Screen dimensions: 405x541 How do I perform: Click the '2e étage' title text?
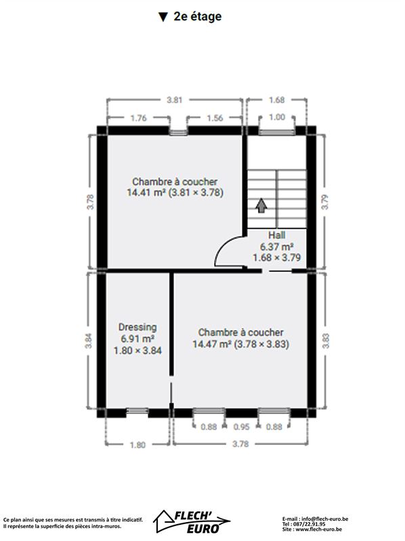pyautogui.click(x=197, y=16)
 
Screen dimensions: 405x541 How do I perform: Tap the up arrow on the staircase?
pyautogui.click(x=261, y=205)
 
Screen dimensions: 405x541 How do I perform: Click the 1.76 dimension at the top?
pyautogui.click(x=138, y=118)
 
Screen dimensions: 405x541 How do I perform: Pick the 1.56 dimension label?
pyautogui.click(x=215, y=118)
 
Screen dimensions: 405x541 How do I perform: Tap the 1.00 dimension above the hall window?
pyautogui.click(x=277, y=117)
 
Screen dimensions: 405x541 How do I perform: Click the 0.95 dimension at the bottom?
pyautogui.click(x=241, y=427)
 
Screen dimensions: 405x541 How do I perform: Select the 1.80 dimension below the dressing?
pyautogui.click(x=137, y=445)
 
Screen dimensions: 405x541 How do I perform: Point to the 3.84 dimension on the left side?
pyautogui.click(x=89, y=341)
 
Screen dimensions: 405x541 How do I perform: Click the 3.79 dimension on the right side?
pyautogui.click(x=325, y=202)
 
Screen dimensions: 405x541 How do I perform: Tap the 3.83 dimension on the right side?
pyautogui.click(x=326, y=341)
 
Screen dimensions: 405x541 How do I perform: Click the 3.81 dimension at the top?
pyautogui.click(x=175, y=100)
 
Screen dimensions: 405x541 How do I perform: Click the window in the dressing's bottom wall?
pyautogui.click(x=137, y=410)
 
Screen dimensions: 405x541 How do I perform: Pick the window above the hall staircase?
pyautogui.click(x=277, y=133)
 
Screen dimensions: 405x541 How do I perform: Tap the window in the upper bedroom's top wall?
pyautogui.click(x=178, y=133)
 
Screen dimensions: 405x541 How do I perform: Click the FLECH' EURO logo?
pyautogui.click(x=192, y=521)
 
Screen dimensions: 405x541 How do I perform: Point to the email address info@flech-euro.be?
pyautogui.click(x=325, y=519)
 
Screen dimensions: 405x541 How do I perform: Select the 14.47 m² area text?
pyautogui.click(x=212, y=344)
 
